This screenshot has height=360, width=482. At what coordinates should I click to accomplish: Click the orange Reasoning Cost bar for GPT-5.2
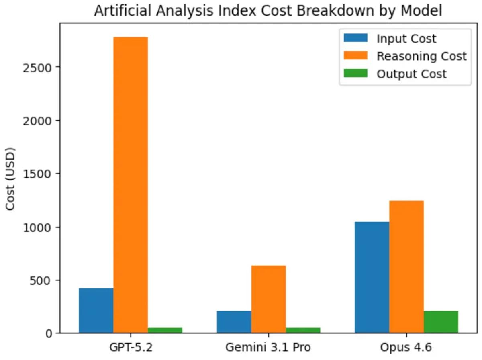coord(131,185)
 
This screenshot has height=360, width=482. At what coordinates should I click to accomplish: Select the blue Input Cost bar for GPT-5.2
coord(96,311)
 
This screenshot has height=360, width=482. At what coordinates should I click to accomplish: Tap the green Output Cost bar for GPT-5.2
coord(165,330)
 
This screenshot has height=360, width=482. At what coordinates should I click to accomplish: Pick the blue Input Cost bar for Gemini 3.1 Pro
coord(234,322)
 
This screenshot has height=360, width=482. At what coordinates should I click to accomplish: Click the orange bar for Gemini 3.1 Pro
coord(268,299)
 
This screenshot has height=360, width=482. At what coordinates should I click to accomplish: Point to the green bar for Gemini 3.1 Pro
coord(303,330)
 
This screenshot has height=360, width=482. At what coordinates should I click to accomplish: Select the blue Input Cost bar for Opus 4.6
coord(372,277)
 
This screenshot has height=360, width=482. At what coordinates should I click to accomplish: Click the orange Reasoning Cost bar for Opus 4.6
coord(406,267)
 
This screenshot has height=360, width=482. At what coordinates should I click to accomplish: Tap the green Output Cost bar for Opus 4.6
coord(441,322)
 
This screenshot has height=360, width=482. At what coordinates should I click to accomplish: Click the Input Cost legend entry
coord(406,39)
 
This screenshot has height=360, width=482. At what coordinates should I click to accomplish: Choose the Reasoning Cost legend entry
coord(421,56)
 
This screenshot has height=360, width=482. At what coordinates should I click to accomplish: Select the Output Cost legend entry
coord(411,74)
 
